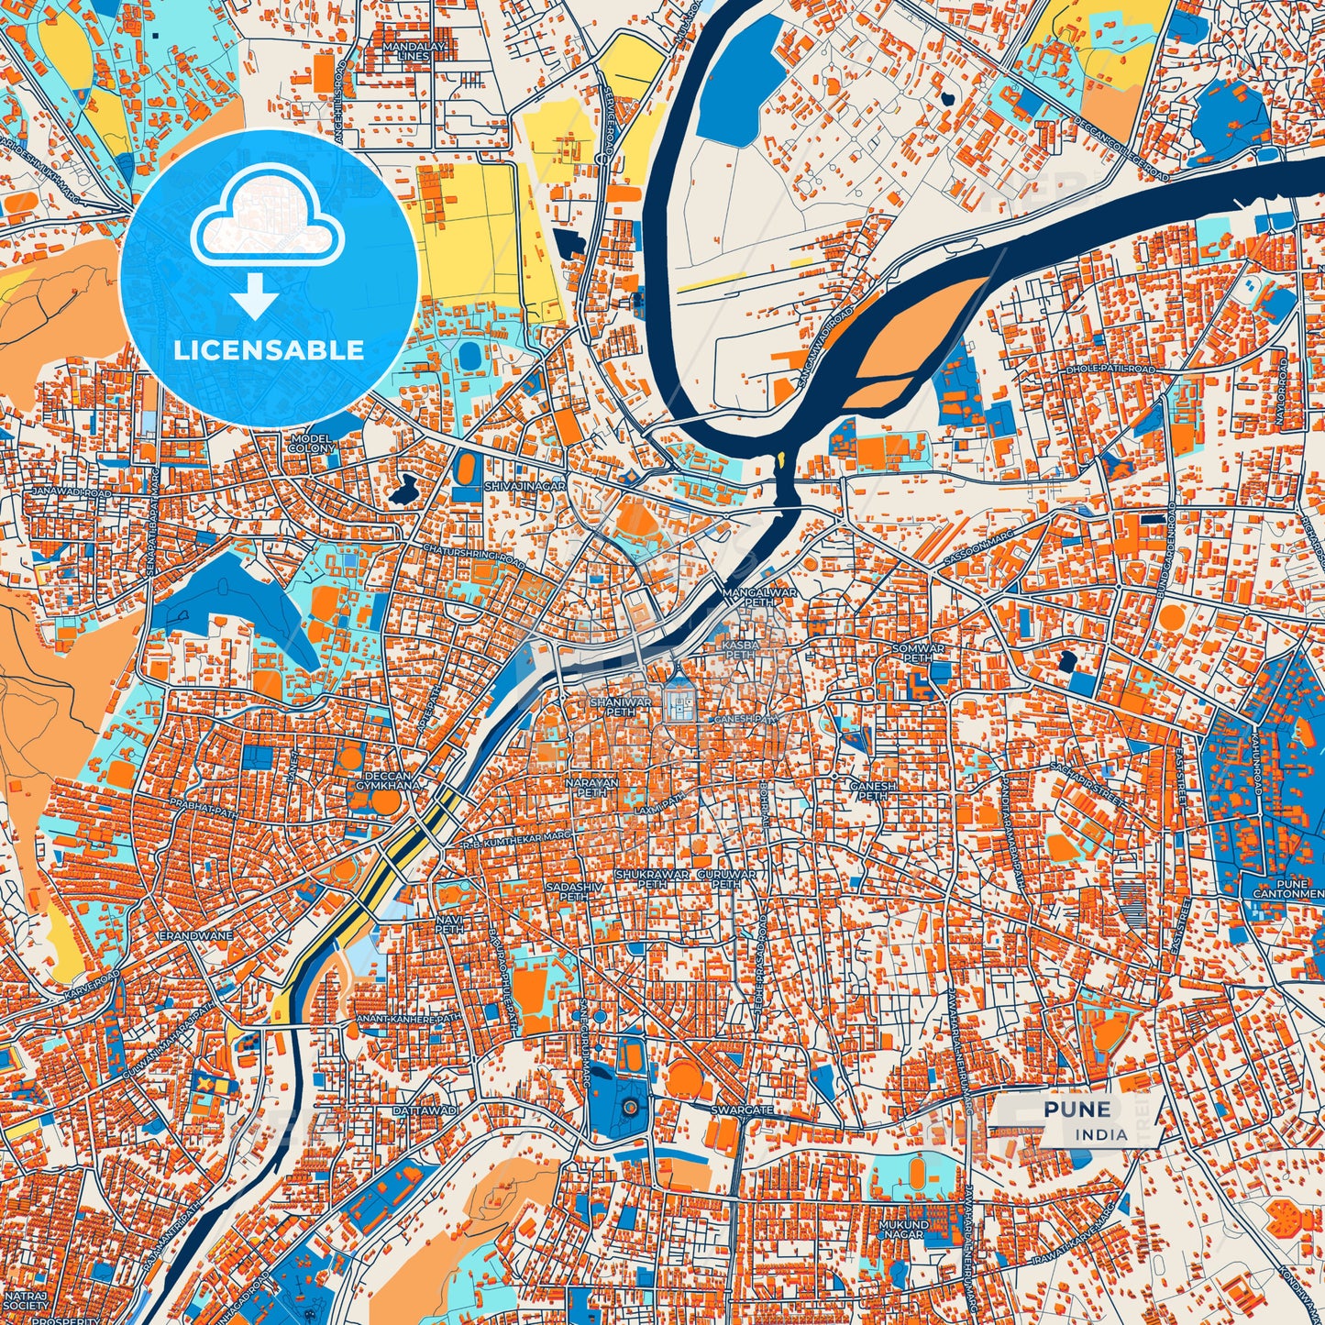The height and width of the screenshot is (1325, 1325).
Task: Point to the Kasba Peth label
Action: (741, 649)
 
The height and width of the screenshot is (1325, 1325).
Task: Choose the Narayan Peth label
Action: (591, 788)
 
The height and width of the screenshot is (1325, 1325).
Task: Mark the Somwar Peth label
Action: (918, 653)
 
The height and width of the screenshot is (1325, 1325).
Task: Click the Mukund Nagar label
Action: (903, 1229)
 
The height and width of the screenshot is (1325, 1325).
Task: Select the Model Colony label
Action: (312, 444)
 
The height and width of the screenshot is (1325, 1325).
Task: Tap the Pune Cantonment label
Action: (1288, 888)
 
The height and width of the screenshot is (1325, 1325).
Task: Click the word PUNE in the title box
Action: (1077, 1109)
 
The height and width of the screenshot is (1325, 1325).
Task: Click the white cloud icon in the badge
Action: (267, 220)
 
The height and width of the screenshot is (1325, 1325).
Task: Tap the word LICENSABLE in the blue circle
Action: (269, 349)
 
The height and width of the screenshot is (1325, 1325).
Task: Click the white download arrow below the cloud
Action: (255, 295)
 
